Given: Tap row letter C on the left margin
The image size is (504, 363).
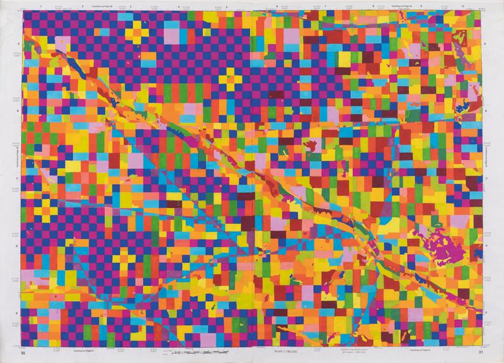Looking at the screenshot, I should point(18,178).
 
